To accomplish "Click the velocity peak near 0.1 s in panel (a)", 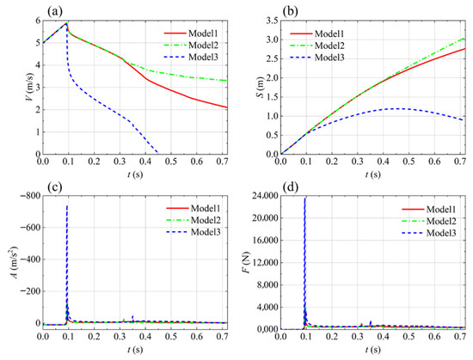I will tap(66, 22).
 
